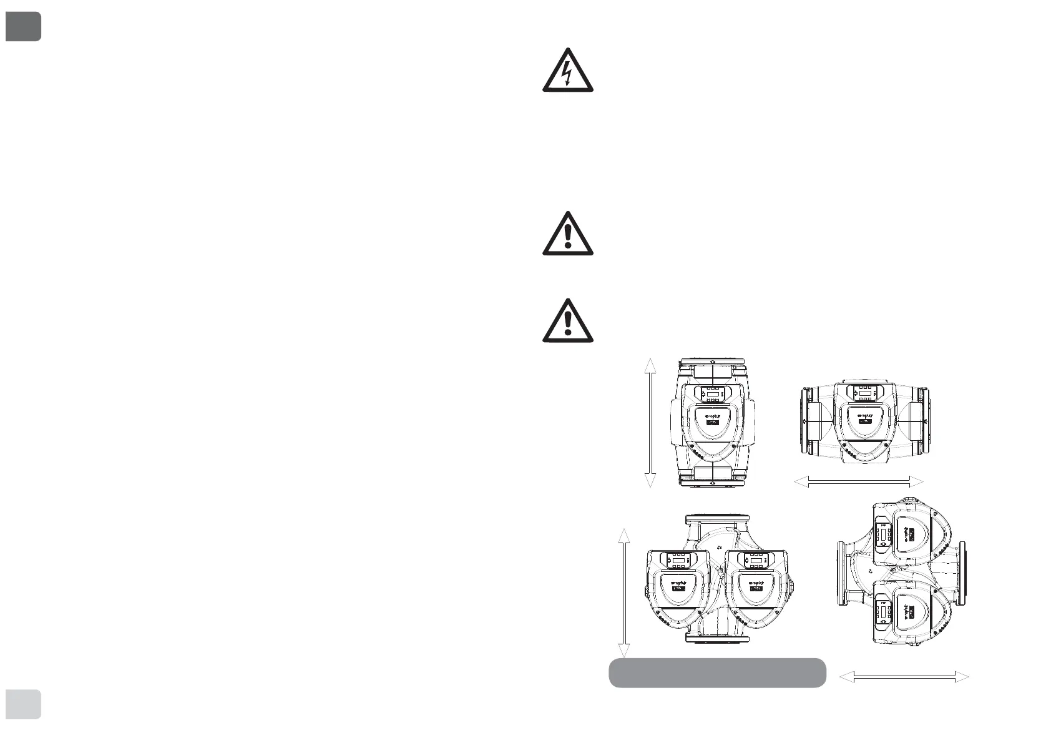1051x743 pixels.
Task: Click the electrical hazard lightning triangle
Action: point(567,72)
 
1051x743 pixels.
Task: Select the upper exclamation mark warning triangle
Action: point(567,234)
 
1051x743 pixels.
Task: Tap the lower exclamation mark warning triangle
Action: point(567,322)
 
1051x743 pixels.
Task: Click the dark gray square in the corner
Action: point(23,26)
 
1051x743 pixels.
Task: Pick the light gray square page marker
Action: point(23,704)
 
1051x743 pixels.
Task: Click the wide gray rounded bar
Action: point(717,672)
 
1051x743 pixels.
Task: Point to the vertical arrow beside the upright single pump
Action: point(650,423)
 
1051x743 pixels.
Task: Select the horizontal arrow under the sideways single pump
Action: point(858,481)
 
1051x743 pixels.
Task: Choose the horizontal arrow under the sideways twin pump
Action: point(904,677)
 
